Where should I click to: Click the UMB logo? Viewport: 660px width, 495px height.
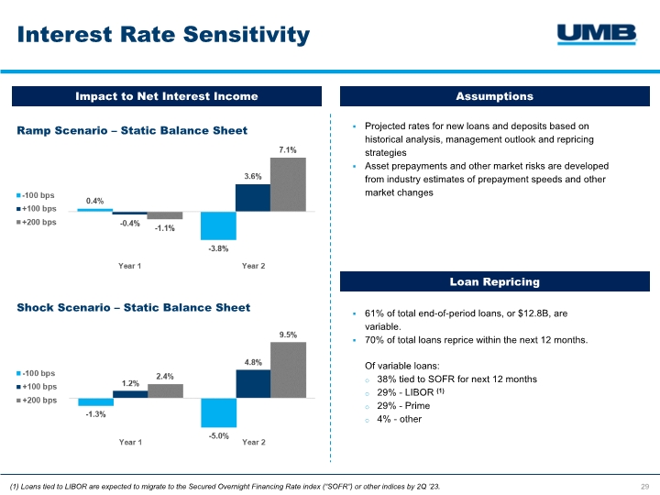point(597,34)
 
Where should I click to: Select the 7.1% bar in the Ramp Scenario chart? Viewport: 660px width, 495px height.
point(288,184)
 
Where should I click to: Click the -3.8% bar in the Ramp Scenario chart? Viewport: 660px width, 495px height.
point(218,225)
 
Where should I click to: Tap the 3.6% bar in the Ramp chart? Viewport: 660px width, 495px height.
point(253,197)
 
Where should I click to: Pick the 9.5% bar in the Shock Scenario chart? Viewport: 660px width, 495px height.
point(288,370)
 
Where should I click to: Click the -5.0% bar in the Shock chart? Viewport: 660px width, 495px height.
point(218,412)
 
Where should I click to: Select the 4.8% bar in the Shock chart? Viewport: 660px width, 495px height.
point(253,384)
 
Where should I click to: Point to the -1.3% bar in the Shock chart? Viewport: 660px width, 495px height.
point(95,401)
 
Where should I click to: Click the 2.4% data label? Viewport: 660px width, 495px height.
point(165,376)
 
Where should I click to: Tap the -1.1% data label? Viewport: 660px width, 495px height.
point(165,228)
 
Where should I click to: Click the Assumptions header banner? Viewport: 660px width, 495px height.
point(494,96)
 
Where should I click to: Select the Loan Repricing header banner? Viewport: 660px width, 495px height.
point(494,282)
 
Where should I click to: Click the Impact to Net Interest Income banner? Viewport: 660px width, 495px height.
point(166,96)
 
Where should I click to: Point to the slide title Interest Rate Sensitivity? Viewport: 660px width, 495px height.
point(163,35)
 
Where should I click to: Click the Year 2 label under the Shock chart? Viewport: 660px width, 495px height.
point(254,442)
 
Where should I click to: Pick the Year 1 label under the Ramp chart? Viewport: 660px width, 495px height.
point(130,266)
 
